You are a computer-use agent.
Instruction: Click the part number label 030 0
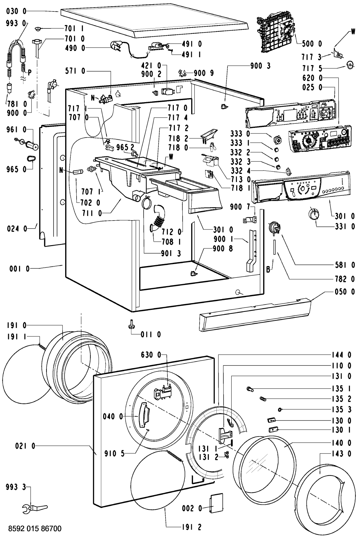coord(16,11)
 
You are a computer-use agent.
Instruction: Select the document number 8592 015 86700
coord(35,529)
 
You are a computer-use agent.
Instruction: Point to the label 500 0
coord(312,44)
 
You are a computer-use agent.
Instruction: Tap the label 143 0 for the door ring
coord(341,454)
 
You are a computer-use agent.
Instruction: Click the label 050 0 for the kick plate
coord(345,292)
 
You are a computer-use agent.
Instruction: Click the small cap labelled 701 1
coord(38,29)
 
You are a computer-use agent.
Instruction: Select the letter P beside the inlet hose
coord(29,72)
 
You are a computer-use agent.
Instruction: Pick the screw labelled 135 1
coord(250,388)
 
